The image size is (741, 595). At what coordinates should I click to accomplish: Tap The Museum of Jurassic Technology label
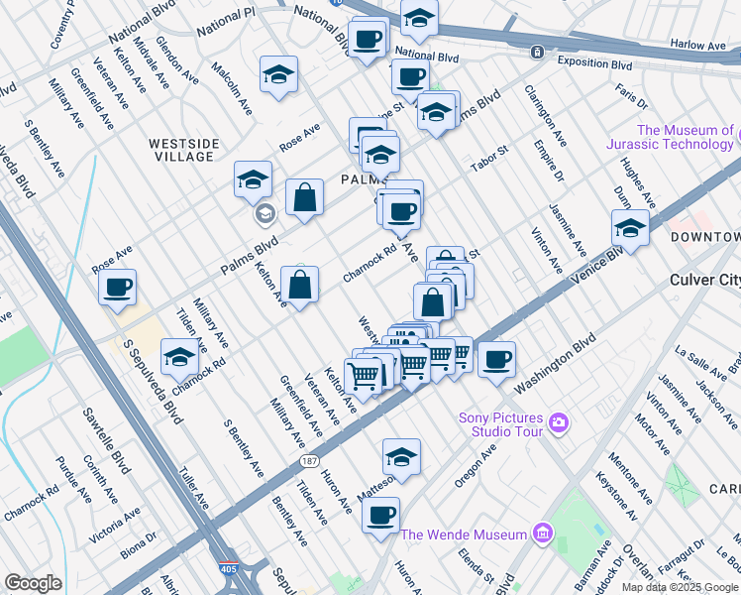[x=686, y=137]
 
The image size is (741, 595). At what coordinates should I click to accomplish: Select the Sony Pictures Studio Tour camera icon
[x=559, y=424]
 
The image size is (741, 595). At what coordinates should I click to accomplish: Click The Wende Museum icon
[x=541, y=535]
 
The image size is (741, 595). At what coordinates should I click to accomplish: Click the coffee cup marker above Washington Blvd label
[x=496, y=359]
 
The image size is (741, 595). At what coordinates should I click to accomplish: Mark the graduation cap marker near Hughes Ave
[x=629, y=228]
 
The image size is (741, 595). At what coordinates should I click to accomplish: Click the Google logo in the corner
[x=33, y=583]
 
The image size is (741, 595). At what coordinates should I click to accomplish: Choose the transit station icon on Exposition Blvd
[x=537, y=52]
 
